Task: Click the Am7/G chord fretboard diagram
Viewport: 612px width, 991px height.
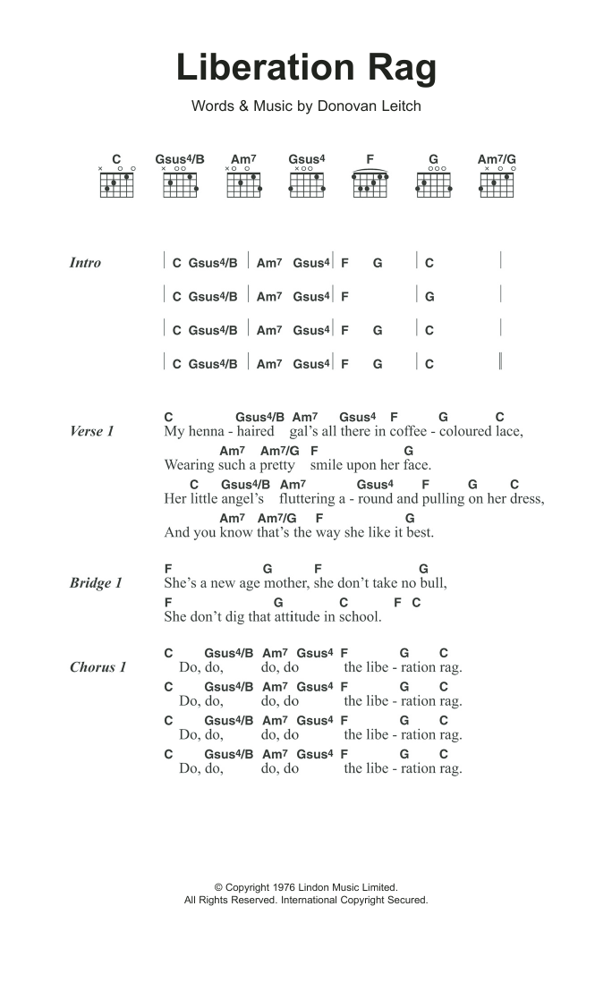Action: click(x=497, y=182)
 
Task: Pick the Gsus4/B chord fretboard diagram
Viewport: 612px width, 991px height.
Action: click(x=180, y=182)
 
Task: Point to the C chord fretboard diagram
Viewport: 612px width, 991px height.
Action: click(x=116, y=182)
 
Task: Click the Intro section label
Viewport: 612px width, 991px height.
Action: click(x=85, y=263)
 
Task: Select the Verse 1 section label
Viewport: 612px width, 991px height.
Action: click(x=91, y=431)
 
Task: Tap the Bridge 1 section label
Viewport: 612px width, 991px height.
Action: click(x=96, y=583)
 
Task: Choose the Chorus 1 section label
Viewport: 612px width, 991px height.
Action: click(x=98, y=667)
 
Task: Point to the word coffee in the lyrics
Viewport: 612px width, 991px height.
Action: click(x=408, y=431)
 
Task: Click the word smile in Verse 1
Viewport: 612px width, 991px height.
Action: click(x=329, y=465)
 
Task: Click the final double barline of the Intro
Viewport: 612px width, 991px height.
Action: click(x=500, y=362)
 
